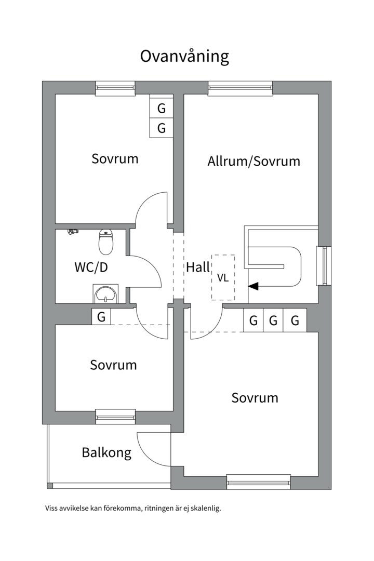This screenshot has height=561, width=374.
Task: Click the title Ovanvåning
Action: coord(184,56)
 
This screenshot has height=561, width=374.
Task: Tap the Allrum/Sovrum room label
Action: coord(253,161)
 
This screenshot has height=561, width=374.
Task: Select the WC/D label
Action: coord(91,268)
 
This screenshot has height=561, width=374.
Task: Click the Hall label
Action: coord(198,268)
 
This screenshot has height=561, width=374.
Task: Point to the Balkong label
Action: coord(106,452)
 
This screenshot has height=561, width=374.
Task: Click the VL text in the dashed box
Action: coord(223,278)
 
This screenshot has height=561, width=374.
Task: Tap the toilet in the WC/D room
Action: coord(106,242)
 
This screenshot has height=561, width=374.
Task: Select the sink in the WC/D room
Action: coord(106,293)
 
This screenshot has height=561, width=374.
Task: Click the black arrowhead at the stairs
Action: coord(253,286)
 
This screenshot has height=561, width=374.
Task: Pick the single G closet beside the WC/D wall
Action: coord(101,316)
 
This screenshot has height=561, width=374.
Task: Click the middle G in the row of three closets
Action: coord(274,320)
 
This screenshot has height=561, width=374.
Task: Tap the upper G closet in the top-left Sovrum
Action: coord(162,109)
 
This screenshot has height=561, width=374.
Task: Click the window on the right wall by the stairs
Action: coord(324,265)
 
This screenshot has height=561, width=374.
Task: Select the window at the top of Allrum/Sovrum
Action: coord(240,88)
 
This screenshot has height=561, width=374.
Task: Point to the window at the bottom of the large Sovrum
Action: coord(258,482)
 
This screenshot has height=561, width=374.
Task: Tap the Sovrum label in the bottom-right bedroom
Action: coord(255,398)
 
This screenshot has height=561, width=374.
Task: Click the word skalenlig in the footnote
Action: coord(207,509)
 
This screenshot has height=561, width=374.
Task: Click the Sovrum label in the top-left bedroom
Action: coord(115,158)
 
